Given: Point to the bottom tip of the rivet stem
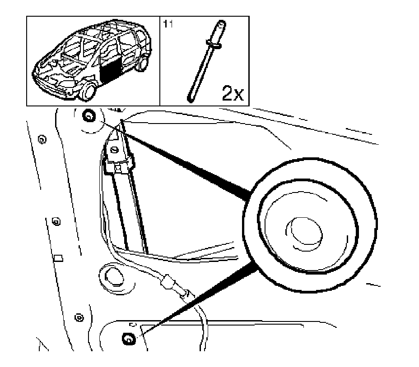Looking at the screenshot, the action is click(190, 96).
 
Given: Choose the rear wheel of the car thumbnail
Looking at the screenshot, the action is click(143, 64).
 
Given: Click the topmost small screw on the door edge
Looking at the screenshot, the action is click(41, 139).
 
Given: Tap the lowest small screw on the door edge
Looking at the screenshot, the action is click(78, 317).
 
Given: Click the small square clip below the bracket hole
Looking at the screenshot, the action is click(118, 168).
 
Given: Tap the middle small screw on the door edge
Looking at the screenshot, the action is click(56, 221).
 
